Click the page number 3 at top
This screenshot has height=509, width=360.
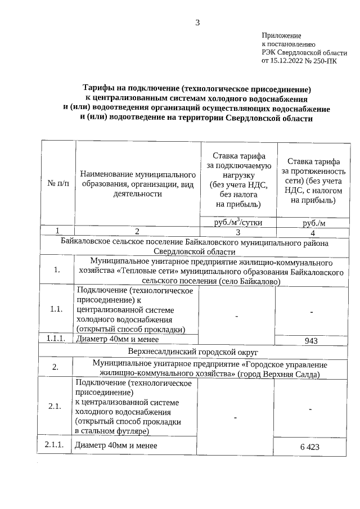pos(197,22)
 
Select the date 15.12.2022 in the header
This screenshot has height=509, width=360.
pos(287,61)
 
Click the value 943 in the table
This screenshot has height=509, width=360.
pos(312,340)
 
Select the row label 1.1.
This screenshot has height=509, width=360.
pos(56,309)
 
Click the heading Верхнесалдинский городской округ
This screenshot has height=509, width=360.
pos(193,352)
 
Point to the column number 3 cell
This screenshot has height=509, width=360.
pos(238,232)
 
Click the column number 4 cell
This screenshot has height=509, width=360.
pos(313,233)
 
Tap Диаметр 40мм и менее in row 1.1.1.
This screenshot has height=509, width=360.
pos(116,339)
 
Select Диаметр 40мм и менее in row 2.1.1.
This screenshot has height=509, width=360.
pos(116,445)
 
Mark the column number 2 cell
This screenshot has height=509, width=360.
pos(137,232)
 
